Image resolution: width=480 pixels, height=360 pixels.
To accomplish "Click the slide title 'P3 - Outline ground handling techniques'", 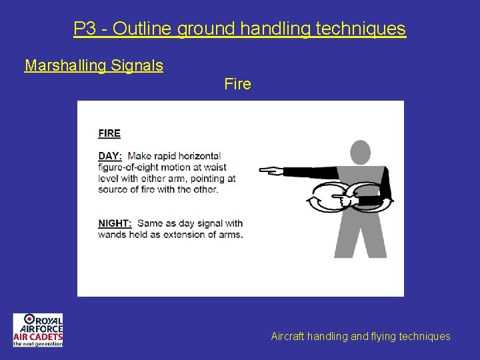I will tap(239, 29).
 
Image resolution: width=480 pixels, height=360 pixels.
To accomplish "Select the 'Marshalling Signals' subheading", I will tap(94, 65).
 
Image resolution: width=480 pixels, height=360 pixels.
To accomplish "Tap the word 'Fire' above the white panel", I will tap(238, 84).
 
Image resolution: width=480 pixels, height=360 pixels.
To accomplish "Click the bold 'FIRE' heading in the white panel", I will tap(109, 133).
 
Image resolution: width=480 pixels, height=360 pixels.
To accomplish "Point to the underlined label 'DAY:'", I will tap(109, 156).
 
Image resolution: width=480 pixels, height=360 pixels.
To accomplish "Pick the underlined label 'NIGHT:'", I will tap(114, 223).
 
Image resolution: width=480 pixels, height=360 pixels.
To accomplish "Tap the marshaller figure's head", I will tap(360, 153).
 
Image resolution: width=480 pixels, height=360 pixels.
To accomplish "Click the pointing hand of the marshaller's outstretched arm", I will tap(270, 171).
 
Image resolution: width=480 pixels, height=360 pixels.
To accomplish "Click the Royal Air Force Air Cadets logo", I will tap(38, 330).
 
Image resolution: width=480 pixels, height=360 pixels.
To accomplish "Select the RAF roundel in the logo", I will tap(30, 319).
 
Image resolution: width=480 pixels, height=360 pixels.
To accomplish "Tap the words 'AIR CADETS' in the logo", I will tap(38, 336).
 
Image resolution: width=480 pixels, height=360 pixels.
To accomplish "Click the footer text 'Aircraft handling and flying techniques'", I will tap(361, 337).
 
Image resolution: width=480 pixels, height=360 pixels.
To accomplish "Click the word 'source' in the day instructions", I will tap(114, 189).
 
